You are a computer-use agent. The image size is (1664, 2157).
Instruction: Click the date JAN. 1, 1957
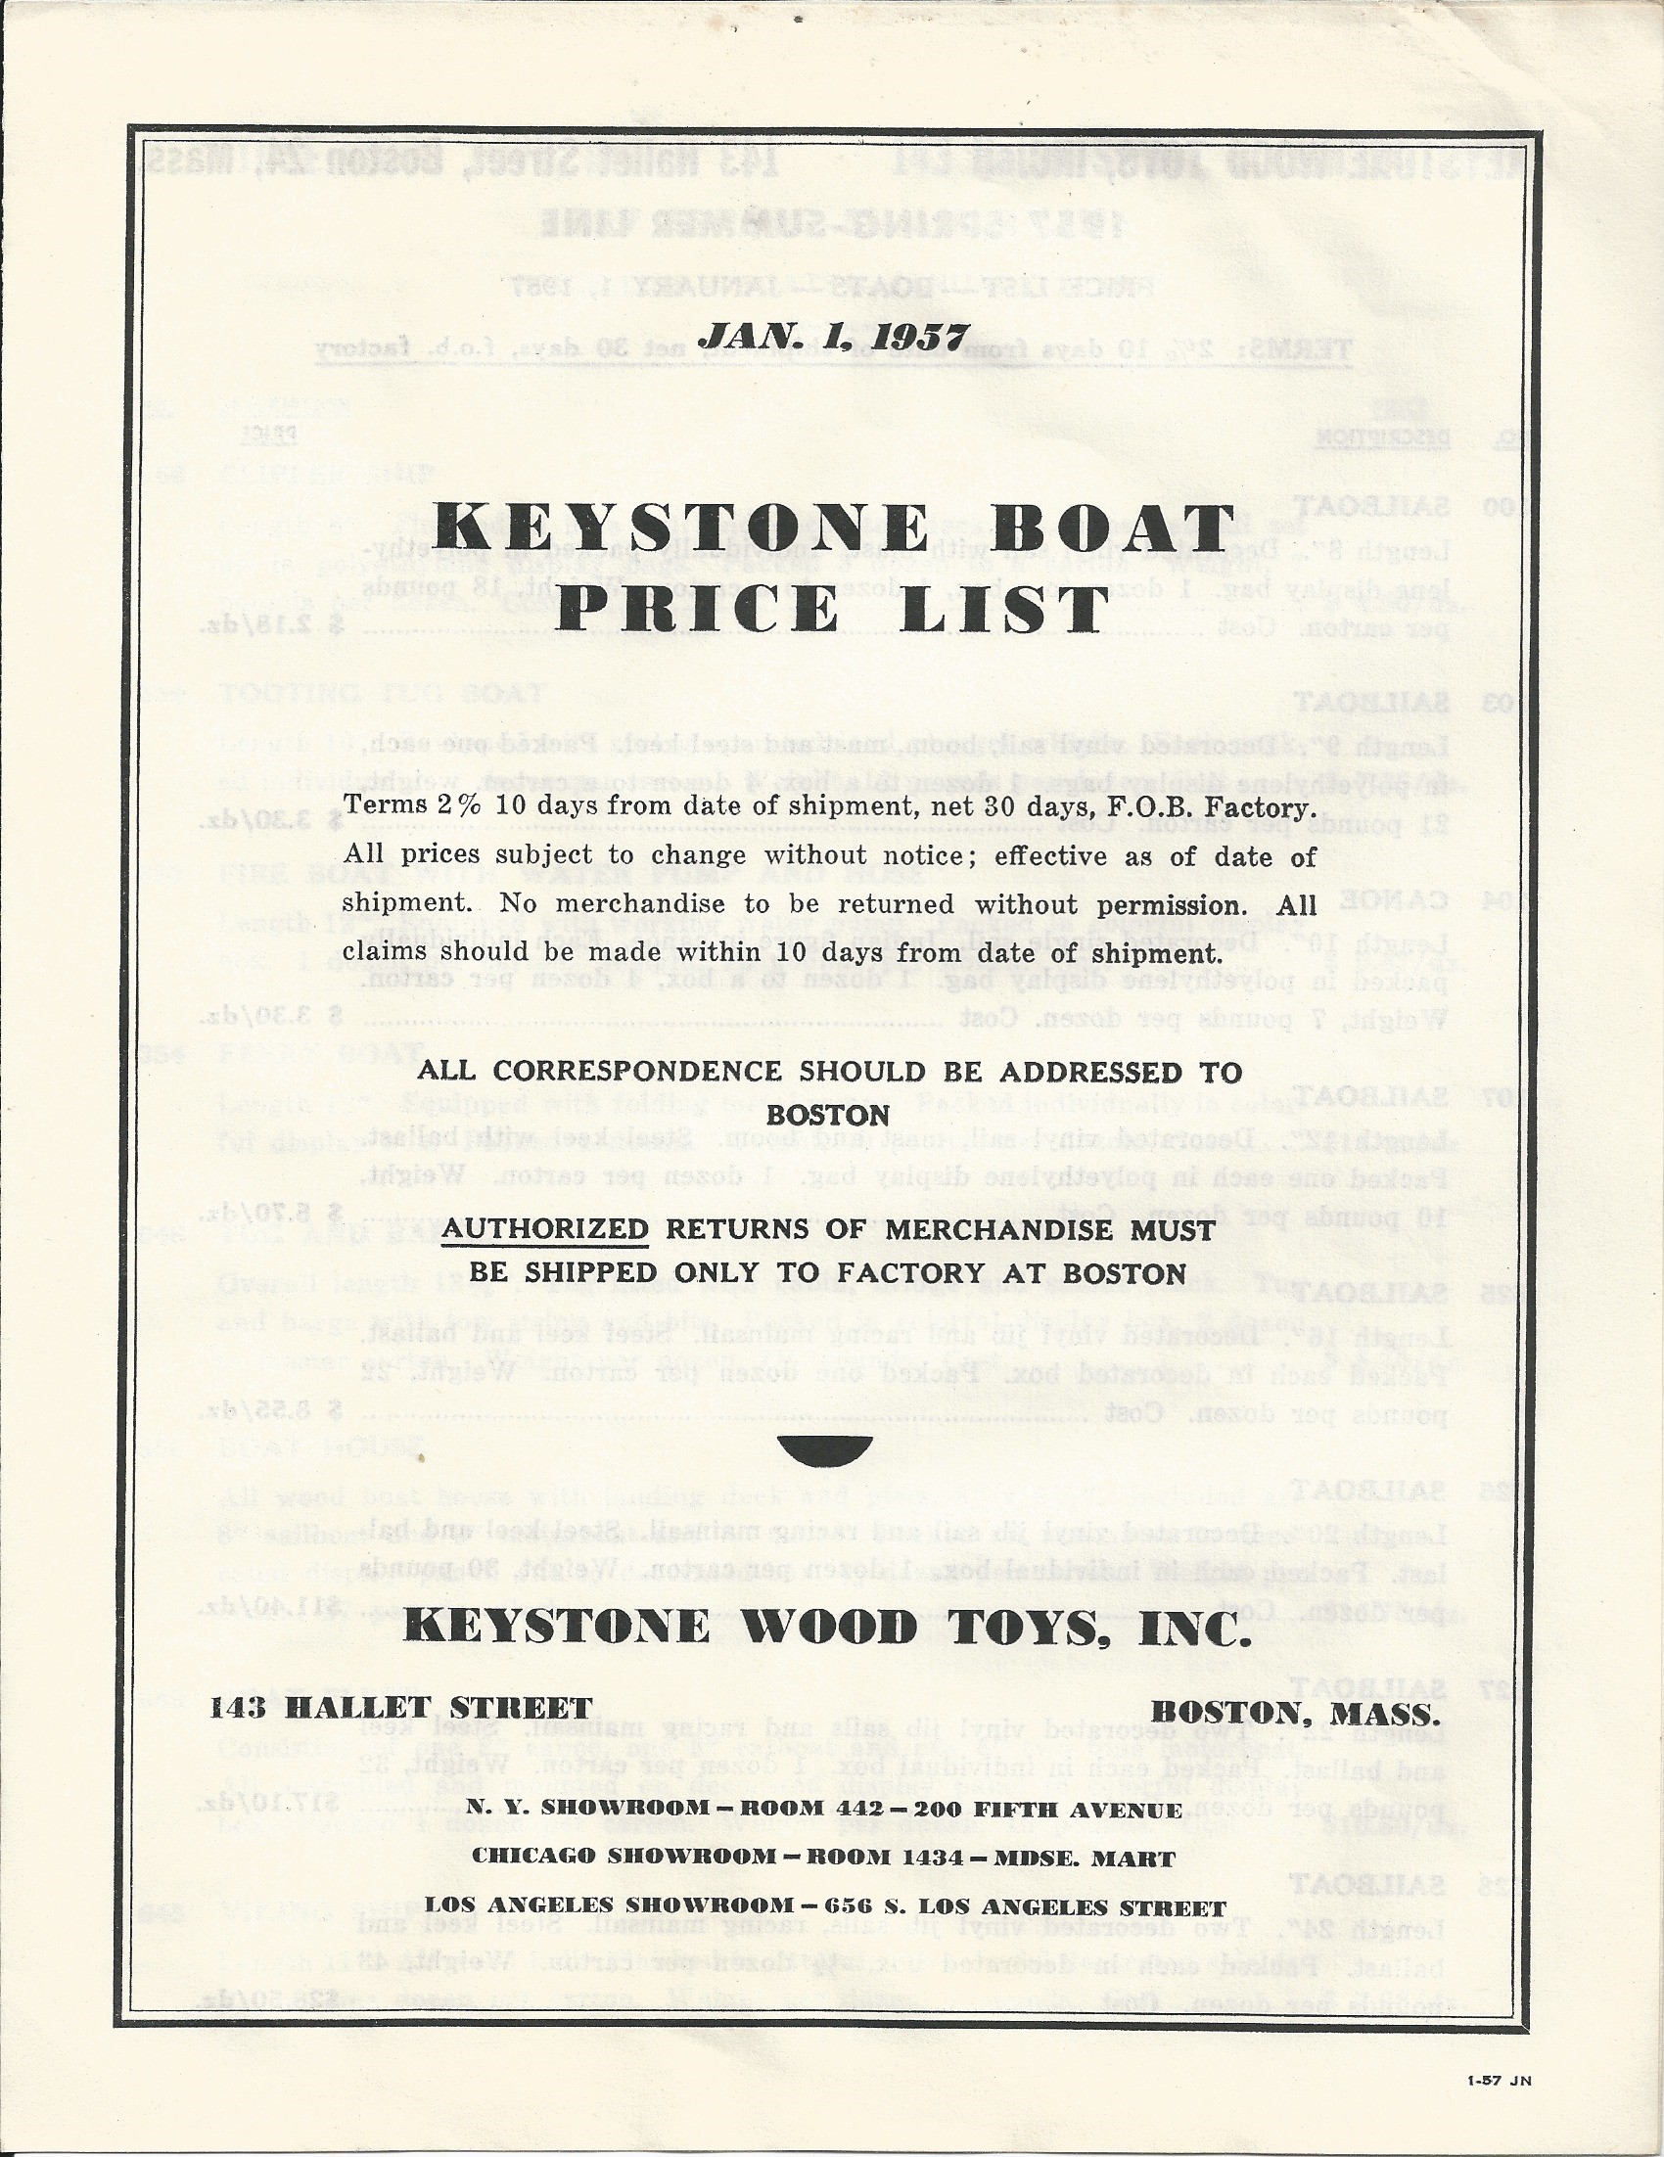click(x=833, y=335)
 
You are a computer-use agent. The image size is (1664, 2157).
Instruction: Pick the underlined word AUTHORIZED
click(x=544, y=1229)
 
